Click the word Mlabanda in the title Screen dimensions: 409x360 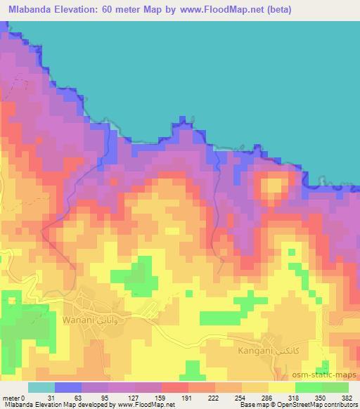click(x=31, y=10)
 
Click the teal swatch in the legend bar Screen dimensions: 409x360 click(x=41, y=388)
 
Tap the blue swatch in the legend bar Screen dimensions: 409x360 click(x=68, y=388)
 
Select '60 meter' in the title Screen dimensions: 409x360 click(x=122, y=10)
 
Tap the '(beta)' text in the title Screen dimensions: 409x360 click(x=273, y=10)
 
